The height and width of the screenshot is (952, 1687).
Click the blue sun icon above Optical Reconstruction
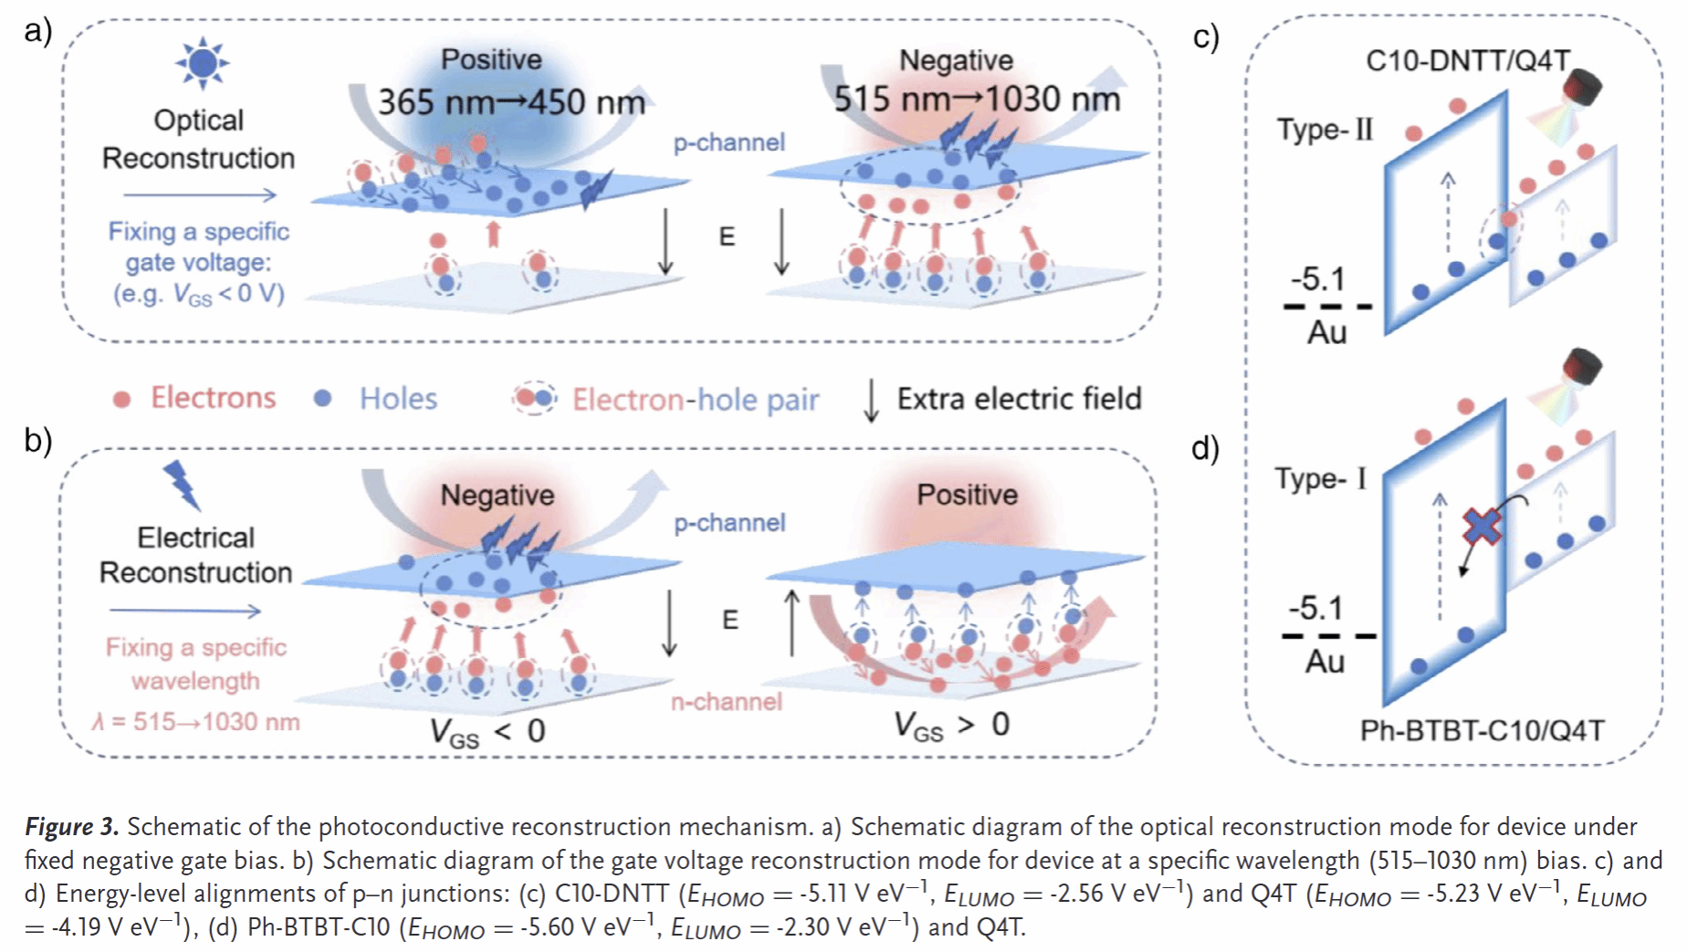(202, 63)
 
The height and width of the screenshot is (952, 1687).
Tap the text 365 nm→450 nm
(511, 101)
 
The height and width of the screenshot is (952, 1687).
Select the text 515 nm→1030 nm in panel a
(977, 99)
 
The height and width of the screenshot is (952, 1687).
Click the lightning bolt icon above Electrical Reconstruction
(182, 484)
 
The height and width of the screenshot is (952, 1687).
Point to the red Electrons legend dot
(121, 399)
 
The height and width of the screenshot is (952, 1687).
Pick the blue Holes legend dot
(322, 398)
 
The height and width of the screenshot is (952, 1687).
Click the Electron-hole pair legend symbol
(534, 398)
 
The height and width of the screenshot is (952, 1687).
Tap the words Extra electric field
(1019, 399)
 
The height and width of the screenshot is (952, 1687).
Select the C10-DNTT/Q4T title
(1468, 61)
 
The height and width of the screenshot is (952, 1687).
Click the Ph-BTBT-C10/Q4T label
(1482, 730)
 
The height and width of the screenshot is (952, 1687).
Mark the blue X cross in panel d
(1482, 527)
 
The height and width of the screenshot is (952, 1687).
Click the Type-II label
(1325, 130)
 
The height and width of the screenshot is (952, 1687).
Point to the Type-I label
(1321, 478)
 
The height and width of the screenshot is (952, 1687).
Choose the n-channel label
(727, 701)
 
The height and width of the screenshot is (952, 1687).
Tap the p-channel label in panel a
(728, 142)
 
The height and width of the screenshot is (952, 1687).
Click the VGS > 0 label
(952, 726)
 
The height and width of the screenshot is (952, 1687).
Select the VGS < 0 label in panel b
(487, 732)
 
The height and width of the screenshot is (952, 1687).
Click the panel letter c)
(1206, 37)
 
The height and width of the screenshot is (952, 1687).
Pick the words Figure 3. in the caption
(71, 826)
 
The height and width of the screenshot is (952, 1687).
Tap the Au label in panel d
(1325, 661)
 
